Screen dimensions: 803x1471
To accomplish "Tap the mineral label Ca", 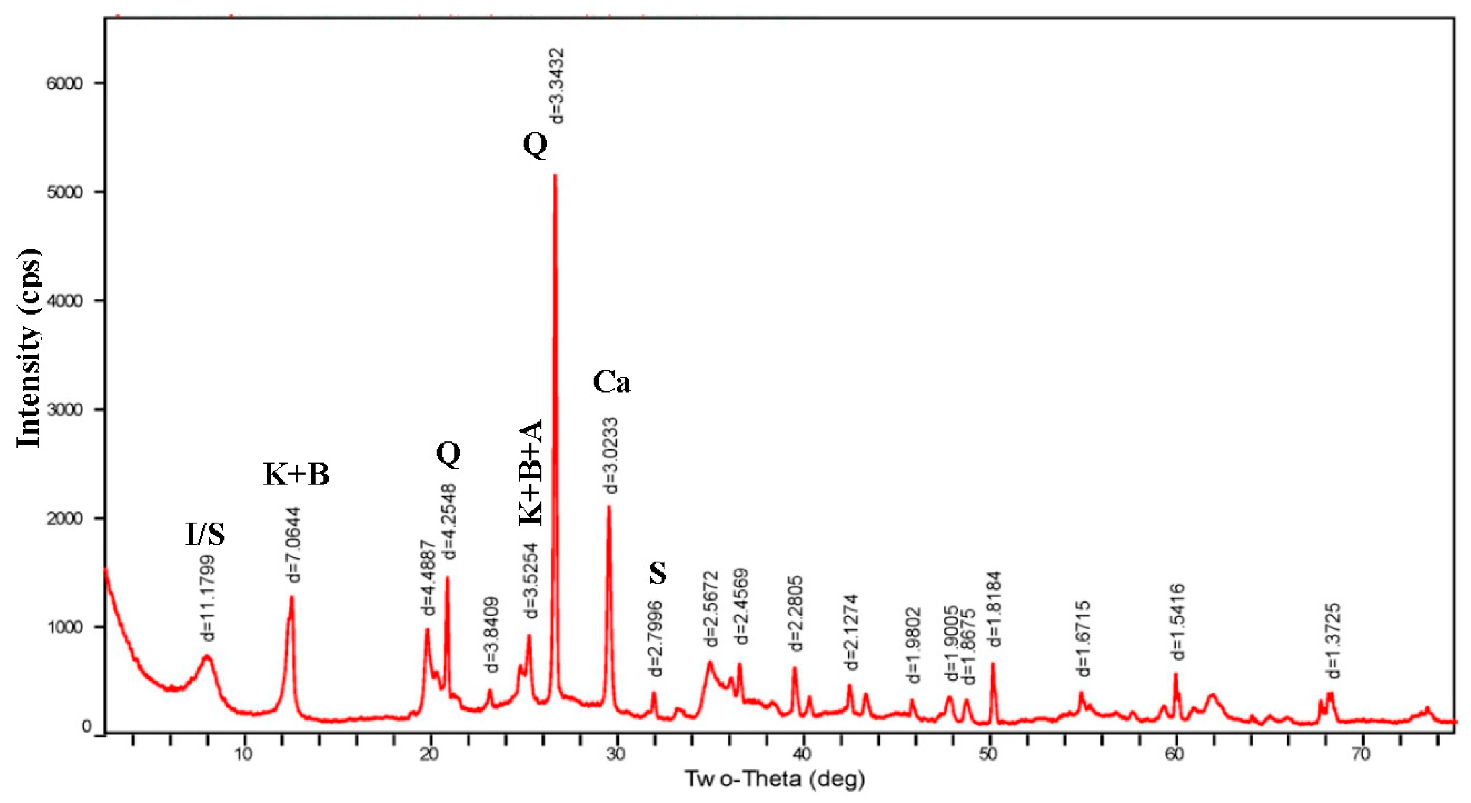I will coord(612,382).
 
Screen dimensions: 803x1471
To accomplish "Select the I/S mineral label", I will coord(205,535).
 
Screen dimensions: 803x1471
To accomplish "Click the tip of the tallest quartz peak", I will coord(555,176).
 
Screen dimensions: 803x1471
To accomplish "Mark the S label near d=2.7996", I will coord(658,573).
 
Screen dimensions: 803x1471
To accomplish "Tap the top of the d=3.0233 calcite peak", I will coord(609,507).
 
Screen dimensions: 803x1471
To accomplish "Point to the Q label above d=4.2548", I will coord(448,454).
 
